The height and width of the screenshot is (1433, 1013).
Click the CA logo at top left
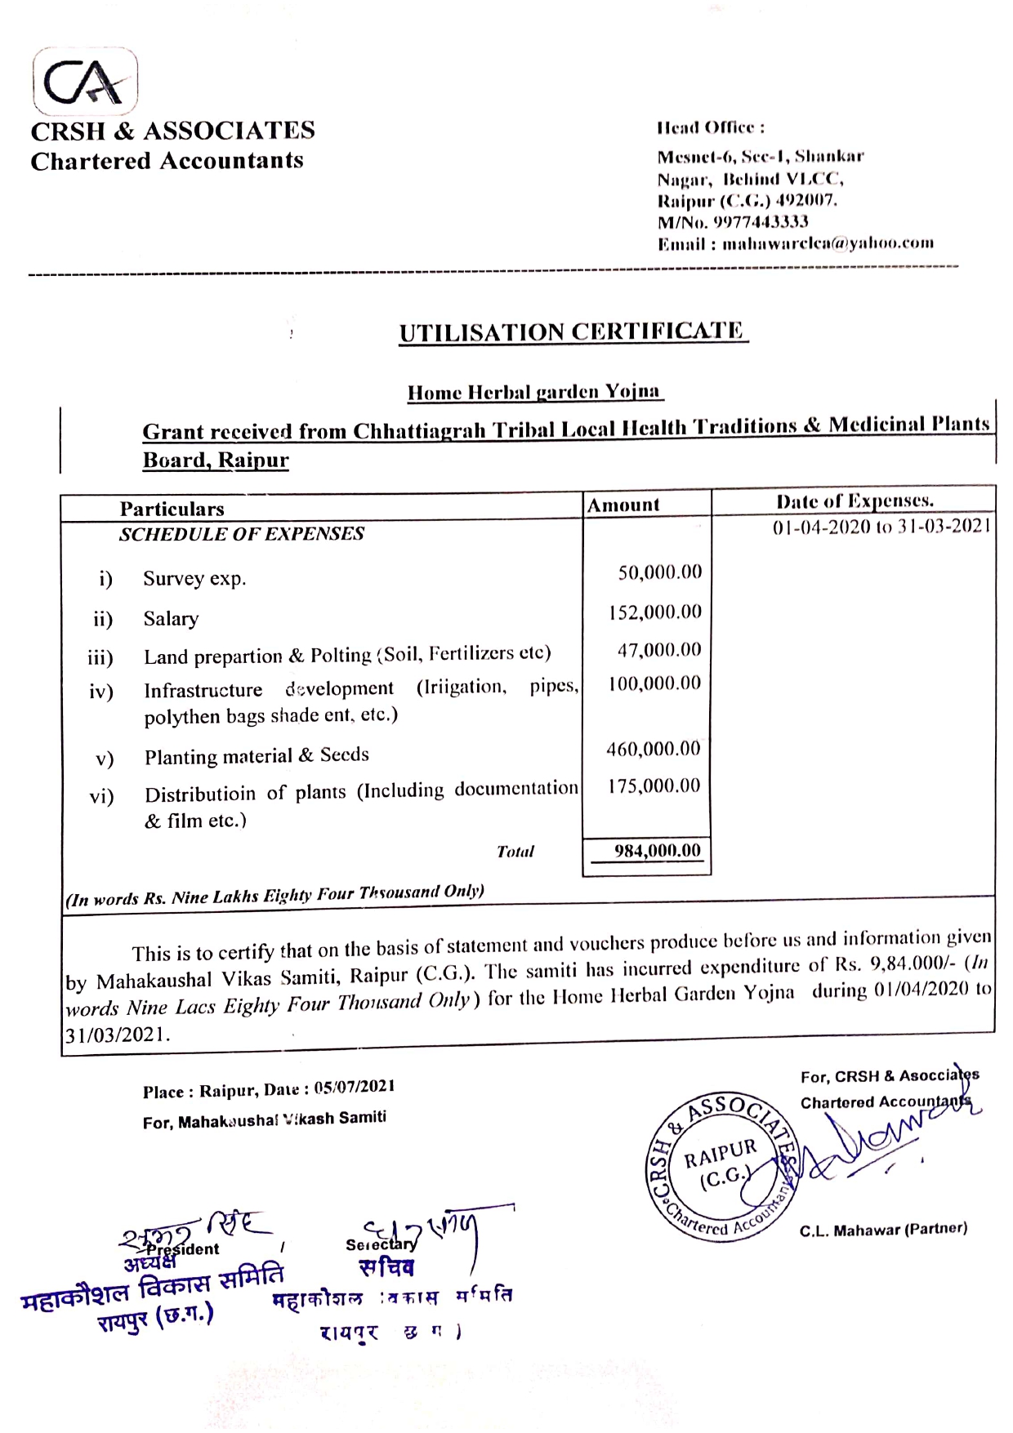tap(85, 81)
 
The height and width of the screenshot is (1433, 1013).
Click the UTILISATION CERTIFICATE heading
tap(572, 332)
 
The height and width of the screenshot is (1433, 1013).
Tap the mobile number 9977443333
tap(761, 222)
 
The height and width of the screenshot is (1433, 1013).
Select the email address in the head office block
tap(828, 243)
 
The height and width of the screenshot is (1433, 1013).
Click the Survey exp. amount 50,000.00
tap(659, 572)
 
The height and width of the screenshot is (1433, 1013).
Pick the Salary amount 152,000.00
tap(654, 612)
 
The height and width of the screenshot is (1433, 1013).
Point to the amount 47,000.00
tap(658, 650)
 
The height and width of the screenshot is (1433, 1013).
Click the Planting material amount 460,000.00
tap(653, 749)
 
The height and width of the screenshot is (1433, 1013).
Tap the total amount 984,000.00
tap(657, 851)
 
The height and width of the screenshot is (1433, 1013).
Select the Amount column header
tap(623, 505)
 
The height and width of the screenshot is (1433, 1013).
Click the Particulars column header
tap(172, 510)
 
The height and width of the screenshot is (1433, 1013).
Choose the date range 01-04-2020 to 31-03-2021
tap(881, 527)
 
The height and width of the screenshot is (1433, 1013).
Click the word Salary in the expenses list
tap(171, 618)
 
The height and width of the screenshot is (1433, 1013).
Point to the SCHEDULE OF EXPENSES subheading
tap(242, 534)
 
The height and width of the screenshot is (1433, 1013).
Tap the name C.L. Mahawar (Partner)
tap(883, 1229)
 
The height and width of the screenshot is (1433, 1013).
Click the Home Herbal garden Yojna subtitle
tap(534, 392)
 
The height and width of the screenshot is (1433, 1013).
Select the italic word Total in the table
tap(515, 852)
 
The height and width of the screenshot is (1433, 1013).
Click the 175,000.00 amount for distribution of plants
tap(654, 785)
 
